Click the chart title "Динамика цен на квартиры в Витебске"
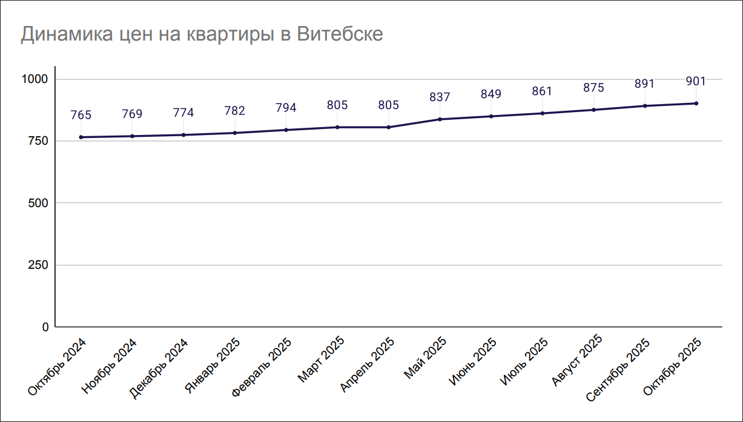[x=202, y=34]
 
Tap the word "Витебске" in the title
[x=340, y=34]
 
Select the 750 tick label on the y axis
[x=38, y=141]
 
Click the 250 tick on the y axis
[x=38, y=265]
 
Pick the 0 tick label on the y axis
[x=45, y=327]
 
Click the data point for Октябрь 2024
[x=81, y=137]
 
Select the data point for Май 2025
[x=440, y=119]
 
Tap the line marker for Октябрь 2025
[x=696, y=104]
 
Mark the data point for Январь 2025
[x=234, y=133]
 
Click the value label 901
[x=696, y=81]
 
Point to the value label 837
[x=440, y=97]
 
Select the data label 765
[x=81, y=115]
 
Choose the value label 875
[x=593, y=88]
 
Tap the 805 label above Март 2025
[x=337, y=105]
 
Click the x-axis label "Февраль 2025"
[x=263, y=366]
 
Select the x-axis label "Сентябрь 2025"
[x=618, y=369]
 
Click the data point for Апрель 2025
[x=389, y=127]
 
